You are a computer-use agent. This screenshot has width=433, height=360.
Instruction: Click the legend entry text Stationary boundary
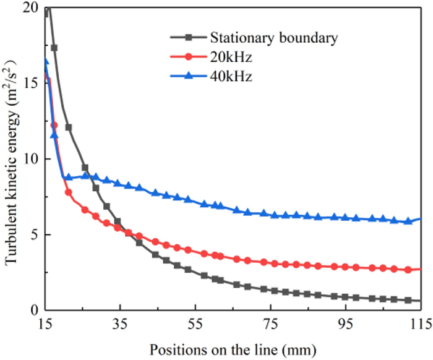[x=274, y=38]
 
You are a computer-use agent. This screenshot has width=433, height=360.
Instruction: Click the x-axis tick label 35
[x=120, y=323]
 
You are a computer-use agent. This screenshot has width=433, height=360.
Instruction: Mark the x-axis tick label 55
[x=195, y=323]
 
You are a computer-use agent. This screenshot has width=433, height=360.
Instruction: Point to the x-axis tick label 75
[x=270, y=323]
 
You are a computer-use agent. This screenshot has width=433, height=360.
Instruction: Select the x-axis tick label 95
[x=346, y=323]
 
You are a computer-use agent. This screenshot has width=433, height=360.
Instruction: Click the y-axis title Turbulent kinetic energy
[x=12, y=162]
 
